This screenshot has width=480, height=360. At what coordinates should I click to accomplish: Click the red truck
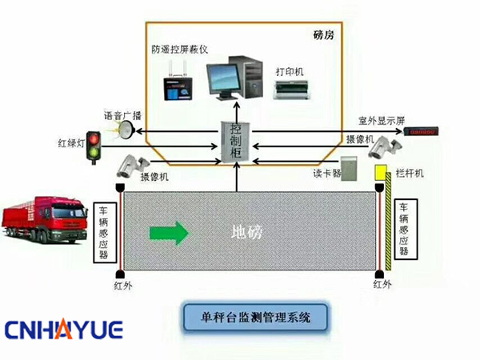tap(45, 222)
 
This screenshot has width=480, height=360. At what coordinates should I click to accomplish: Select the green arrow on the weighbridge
tap(169, 233)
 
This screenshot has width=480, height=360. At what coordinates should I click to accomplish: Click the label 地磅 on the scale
tap(246, 233)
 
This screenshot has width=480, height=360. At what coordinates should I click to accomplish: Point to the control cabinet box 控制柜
tap(235, 145)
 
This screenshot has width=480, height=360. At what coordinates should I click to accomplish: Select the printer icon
tap(287, 90)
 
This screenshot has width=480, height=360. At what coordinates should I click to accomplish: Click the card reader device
tap(346, 174)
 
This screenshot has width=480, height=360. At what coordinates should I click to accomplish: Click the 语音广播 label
tap(122, 114)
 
